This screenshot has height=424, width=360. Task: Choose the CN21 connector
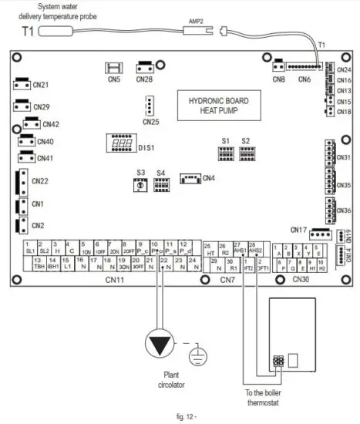(22, 86)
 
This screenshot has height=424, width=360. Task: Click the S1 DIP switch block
(227, 153)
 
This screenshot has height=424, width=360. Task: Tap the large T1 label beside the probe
(26, 33)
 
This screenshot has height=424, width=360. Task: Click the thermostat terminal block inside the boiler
(278, 360)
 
